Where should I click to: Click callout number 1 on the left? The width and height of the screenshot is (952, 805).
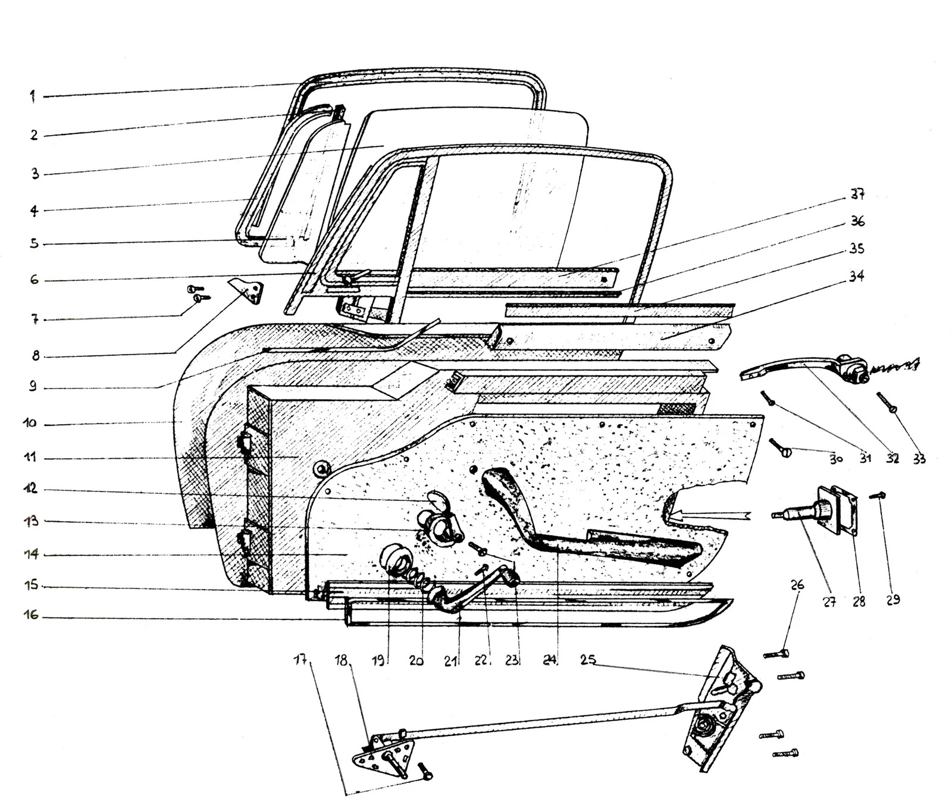(x=33, y=96)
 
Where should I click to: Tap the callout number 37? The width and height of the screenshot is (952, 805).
(x=857, y=195)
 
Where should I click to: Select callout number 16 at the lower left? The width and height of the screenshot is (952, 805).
(x=31, y=615)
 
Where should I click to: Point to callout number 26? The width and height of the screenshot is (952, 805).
(x=797, y=585)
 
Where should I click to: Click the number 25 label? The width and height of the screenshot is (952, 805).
(x=588, y=660)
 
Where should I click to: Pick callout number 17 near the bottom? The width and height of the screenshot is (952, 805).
(x=301, y=659)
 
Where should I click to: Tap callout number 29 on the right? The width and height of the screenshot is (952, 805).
(x=893, y=600)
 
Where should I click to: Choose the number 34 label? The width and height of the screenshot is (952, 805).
(x=856, y=276)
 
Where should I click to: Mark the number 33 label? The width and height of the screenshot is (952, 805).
(x=919, y=459)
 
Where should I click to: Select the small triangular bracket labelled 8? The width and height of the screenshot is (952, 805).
(x=247, y=290)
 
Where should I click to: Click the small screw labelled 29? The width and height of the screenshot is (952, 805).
(x=878, y=495)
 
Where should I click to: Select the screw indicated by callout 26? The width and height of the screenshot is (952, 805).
(x=776, y=654)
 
